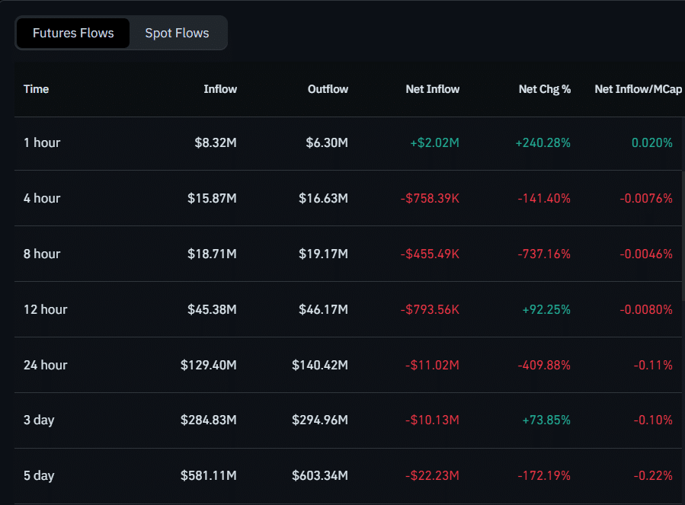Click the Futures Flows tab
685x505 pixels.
pyautogui.click(x=73, y=34)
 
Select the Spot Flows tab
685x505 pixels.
pyautogui.click(x=177, y=34)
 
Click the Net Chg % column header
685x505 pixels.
pyautogui.click(x=544, y=89)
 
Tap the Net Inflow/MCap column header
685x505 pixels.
pyautogui.click(x=638, y=89)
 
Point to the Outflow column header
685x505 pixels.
pyautogui.click(x=328, y=89)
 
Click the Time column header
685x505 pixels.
pyautogui.click(x=36, y=89)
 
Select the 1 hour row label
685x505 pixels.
pyautogui.click(x=42, y=142)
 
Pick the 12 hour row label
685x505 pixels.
pyautogui.click(x=45, y=309)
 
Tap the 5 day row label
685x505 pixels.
pyautogui.click(x=39, y=475)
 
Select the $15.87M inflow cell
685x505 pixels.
pyautogui.click(x=212, y=198)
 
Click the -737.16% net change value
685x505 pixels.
pyautogui.click(x=544, y=254)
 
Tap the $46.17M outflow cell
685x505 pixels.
pyautogui.click(x=323, y=309)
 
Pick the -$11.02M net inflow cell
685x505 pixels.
pyautogui.click(x=432, y=365)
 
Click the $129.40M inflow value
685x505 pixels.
pyautogui.click(x=208, y=365)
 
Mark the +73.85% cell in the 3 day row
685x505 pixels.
pyautogui.click(x=546, y=420)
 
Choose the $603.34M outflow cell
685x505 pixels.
pyautogui.click(x=319, y=475)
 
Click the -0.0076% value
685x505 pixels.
pyautogui.click(x=645, y=198)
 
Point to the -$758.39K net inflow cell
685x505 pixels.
pyautogui.click(x=430, y=198)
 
